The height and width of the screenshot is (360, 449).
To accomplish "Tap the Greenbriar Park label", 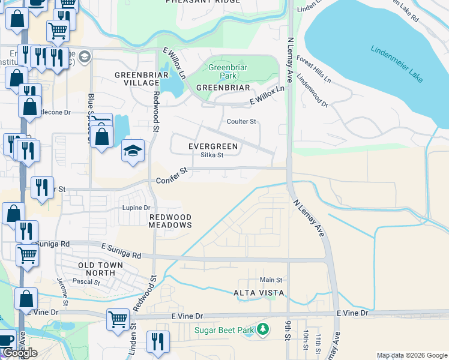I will click(x=223, y=72).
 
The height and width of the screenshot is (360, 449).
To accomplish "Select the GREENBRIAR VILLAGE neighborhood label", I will click(x=137, y=79).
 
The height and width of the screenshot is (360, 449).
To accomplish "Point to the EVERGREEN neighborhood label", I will click(x=213, y=146).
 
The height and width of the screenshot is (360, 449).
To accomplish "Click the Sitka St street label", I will click(x=212, y=155).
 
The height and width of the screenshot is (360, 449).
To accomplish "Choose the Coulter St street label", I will click(x=241, y=121).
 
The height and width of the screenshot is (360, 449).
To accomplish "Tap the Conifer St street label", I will click(x=172, y=175).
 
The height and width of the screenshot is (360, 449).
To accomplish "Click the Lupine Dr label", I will click(x=137, y=208).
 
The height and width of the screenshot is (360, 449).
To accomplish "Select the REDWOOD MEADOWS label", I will click(x=170, y=221).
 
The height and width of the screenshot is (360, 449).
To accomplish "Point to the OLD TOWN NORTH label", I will click(x=100, y=269).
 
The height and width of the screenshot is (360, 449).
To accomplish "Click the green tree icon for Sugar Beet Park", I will click(x=262, y=329).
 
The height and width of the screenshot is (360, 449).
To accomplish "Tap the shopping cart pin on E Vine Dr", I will click(x=118, y=319).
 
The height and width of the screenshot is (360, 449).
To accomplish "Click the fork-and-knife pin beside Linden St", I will click(x=157, y=341).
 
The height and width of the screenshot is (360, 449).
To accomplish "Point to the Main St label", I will click(x=271, y=280).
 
